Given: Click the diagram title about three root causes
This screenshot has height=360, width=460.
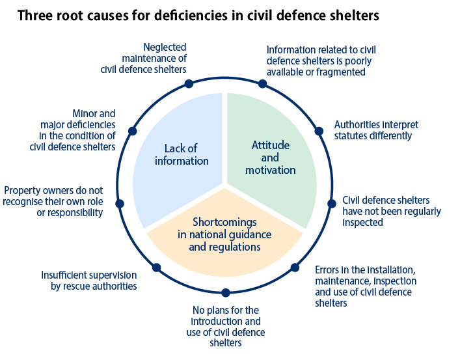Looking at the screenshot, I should (x=198, y=15).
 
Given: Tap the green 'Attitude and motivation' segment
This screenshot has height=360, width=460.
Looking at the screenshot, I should (x=273, y=157).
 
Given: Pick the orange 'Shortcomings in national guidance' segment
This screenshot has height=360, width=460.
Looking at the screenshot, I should (x=225, y=234).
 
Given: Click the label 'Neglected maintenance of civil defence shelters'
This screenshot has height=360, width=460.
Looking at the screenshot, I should (x=144, y=58).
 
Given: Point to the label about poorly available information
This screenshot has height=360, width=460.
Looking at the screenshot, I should (x=321, y=61).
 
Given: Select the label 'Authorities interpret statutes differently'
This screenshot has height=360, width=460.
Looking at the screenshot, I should (x=375, y=130).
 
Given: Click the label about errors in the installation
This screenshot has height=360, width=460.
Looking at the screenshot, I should (x=365, y=286).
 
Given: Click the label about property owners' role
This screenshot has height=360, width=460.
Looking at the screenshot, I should (x=53, y=201).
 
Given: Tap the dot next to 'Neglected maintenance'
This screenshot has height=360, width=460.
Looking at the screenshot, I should (x=189, y=83).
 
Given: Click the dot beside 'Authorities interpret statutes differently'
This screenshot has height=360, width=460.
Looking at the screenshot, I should (x=319, y=130).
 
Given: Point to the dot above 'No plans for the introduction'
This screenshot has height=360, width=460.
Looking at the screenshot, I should (x=225, y=293).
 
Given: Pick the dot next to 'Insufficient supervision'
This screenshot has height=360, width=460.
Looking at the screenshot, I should (x=156, y=267).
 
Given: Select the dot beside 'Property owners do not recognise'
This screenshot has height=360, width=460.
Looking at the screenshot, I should (x=118, y=203).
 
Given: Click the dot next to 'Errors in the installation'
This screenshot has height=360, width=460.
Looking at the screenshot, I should (x=295, y=267).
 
